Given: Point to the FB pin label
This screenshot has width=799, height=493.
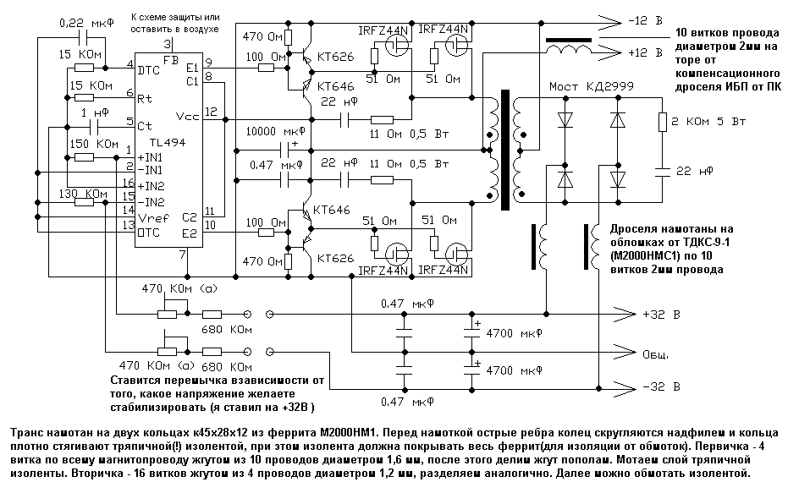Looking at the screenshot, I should pyautogui.click(x=171, y=61).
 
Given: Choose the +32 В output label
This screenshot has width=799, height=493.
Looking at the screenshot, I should pyautogui.click(x=662, y=315).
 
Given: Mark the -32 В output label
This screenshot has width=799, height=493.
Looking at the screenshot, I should pyautogui.click(x=661, y=387).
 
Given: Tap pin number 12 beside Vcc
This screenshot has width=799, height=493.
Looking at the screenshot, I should pyautogui.click(x=210, y=112).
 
